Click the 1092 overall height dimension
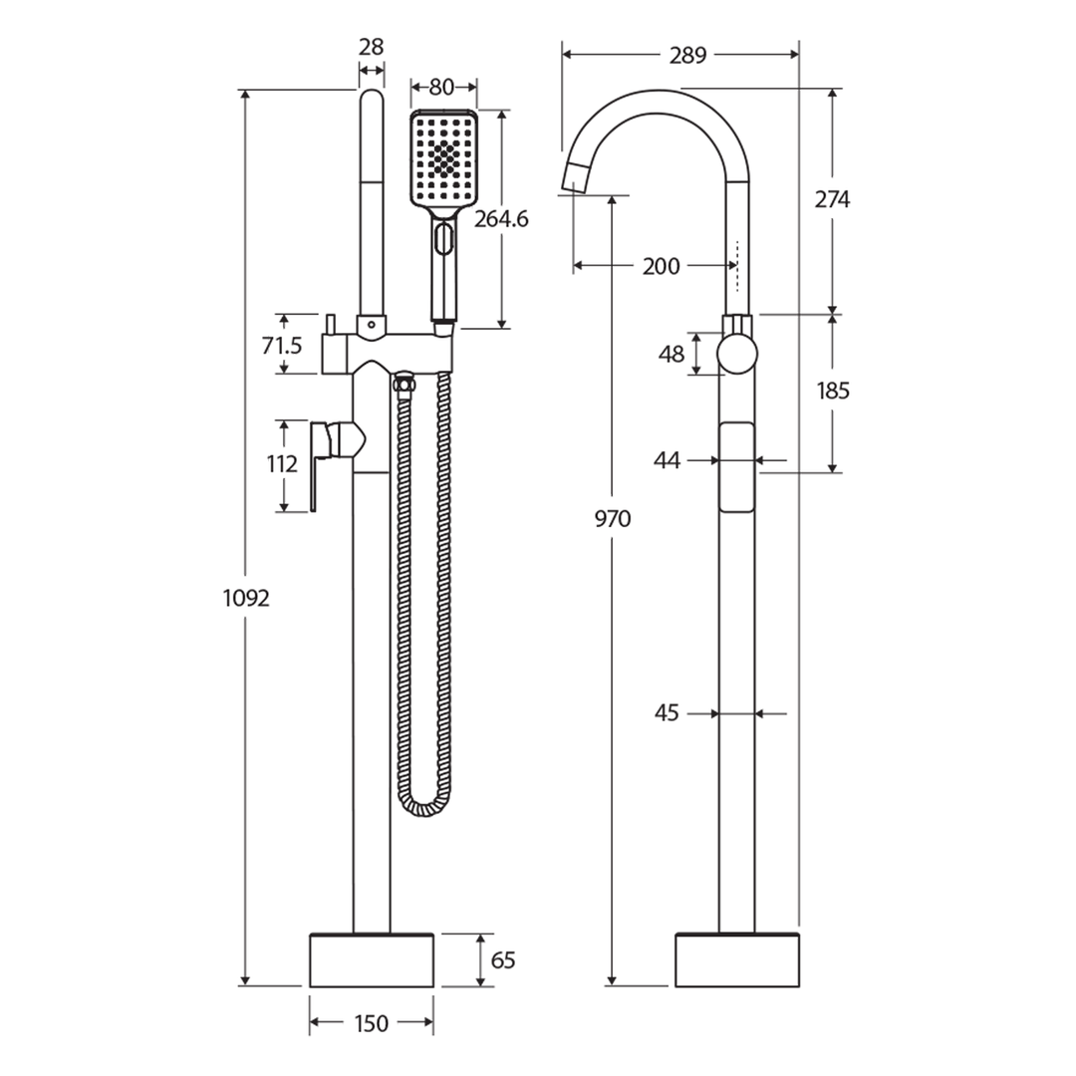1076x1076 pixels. (x=245, y=598)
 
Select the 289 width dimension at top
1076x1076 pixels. (x=687, y=55)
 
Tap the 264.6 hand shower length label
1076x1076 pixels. (x=501, y=219)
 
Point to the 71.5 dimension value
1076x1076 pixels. (x=282, y=346)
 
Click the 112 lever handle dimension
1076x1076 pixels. (x=283, y=463)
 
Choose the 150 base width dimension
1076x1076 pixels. (x=371, y=1023)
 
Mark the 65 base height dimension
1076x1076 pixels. (x=504, y=960)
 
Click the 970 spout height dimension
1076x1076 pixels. (x=613, y=519)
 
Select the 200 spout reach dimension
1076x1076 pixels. (x=661, y=266)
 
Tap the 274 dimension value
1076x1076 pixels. (x=833, y=199)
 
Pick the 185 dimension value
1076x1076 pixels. (x=833, y=391)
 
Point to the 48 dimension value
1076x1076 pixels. (x=672, y=354)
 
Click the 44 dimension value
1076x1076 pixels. (x=667, y=460)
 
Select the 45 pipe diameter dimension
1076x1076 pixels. (x=667, y=713)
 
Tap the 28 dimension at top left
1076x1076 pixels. (x=371, y=47)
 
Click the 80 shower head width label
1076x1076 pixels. (x=442, y=86)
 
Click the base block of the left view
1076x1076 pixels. (x=372, y=960)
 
